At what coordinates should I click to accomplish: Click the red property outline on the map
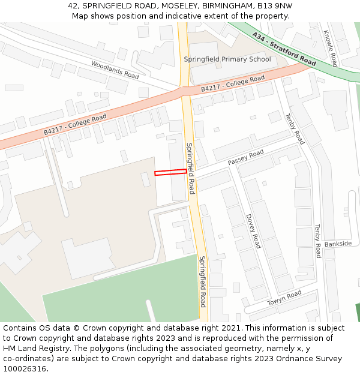[x=170, y=173]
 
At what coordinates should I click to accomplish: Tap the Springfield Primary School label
[x=227, y=59]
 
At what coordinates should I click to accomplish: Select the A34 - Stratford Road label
[x=284, y=49]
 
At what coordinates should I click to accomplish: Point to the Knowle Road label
[x=331, y=49]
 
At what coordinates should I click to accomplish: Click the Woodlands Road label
[x=115, y=70]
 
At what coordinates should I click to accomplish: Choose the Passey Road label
[x=245, y=158]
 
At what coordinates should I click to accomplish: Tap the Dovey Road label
[x=253, y=231]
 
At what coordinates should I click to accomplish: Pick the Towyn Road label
[x=284, y=298]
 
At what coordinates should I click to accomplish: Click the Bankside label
[x=338, y=244]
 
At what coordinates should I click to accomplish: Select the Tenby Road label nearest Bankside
[x=318, y=241]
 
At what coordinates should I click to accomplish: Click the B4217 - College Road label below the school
[x=233, y=84]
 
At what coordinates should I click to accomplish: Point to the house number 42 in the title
[x=73, y=5]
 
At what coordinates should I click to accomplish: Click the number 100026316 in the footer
[x=26, y=368]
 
